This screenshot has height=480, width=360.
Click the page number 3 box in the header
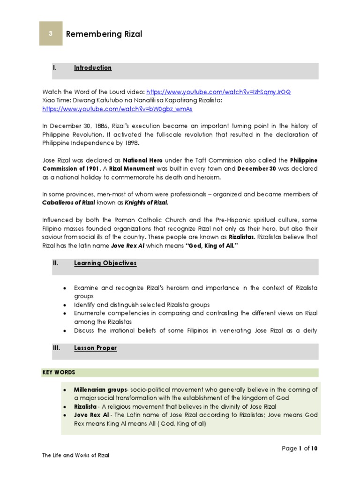point(51,34)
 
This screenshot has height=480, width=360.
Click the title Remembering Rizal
point(104,34)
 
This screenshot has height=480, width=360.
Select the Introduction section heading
point(93,68)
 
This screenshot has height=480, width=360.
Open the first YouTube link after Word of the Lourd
point(218,92)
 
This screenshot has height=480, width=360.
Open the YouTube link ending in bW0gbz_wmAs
point(117,109)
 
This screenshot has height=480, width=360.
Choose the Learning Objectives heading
point(105,263)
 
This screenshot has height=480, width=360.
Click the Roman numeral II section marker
point(55,263)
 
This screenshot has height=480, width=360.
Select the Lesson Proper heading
point(95,348)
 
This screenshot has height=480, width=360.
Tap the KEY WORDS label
point(59,372)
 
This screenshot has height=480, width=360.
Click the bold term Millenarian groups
point(100,390)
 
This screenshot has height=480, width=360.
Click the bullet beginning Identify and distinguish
point(142,305)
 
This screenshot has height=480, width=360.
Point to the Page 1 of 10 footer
point(300,449)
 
